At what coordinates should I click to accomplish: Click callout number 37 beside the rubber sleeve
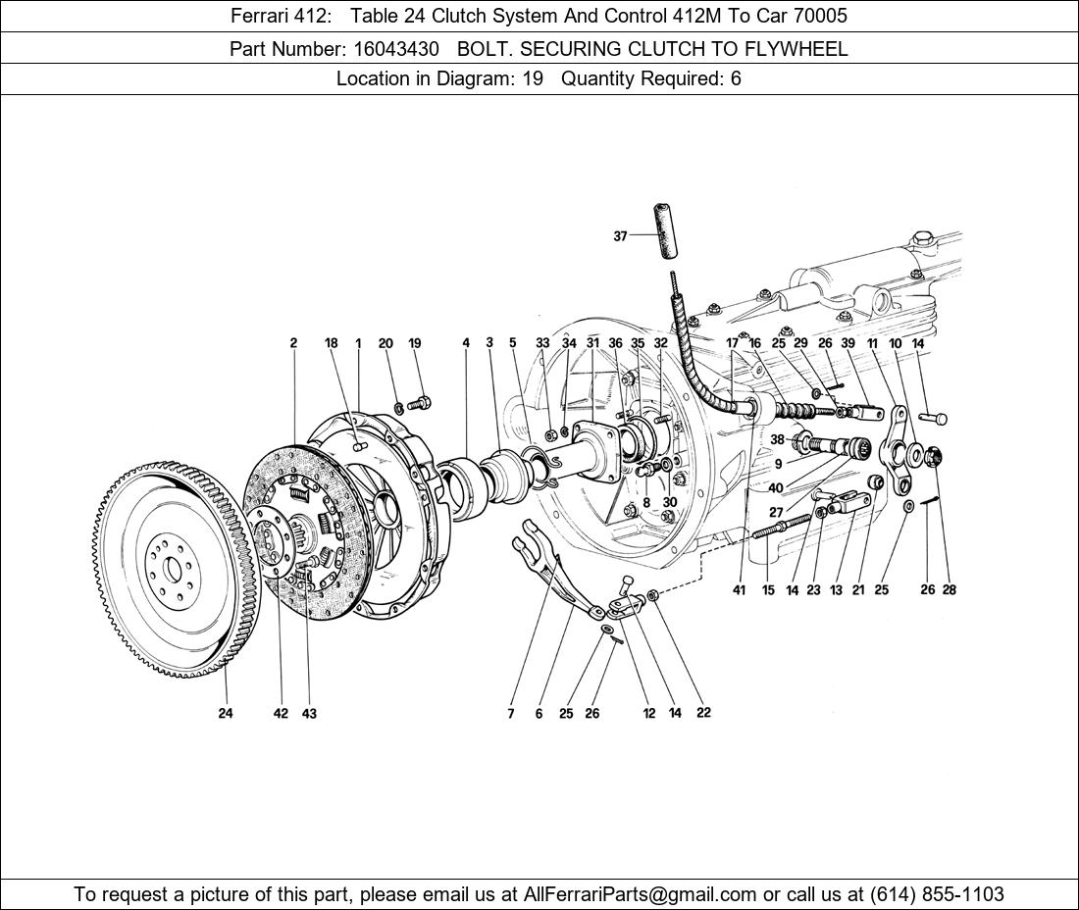[x=620, y=236]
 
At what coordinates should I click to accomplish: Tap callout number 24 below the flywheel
[x=226, y=713]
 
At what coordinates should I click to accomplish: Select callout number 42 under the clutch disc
[x=281, y=713]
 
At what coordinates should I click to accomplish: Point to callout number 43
[x=309, y=713]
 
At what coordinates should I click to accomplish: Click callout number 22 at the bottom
[x=703, y=712]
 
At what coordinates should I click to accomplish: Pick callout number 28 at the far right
[x=949, y=589]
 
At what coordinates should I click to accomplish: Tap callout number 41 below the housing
[x=739, y=590]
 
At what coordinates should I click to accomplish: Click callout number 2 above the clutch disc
[x=293, y=343]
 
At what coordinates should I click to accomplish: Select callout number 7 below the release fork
[x=511, y=714]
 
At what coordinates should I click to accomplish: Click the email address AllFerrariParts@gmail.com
[x=641, y=894]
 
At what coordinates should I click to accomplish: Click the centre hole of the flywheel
[x=172, y=568]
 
